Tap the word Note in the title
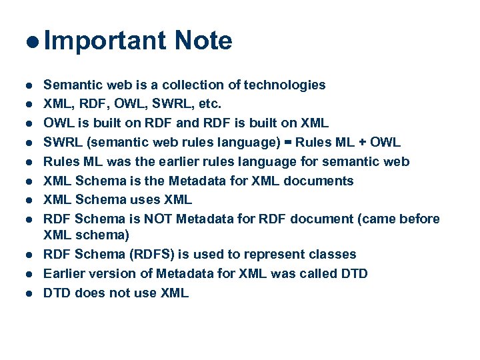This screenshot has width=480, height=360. (x=203, y=41)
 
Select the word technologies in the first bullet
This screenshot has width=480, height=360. (x=285, y=85)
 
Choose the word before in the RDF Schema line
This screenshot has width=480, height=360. (x=418, y=219)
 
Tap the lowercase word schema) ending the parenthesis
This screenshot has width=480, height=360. (x=103, y=235)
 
